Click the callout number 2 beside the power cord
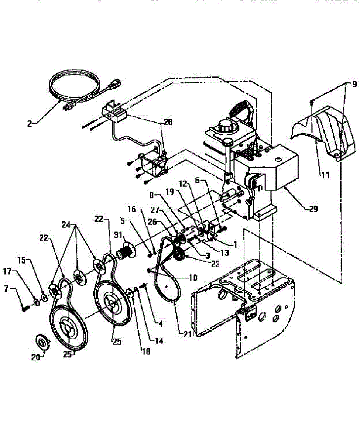30,123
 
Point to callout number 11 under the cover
325,175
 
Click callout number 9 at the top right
354,84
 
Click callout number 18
146,352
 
